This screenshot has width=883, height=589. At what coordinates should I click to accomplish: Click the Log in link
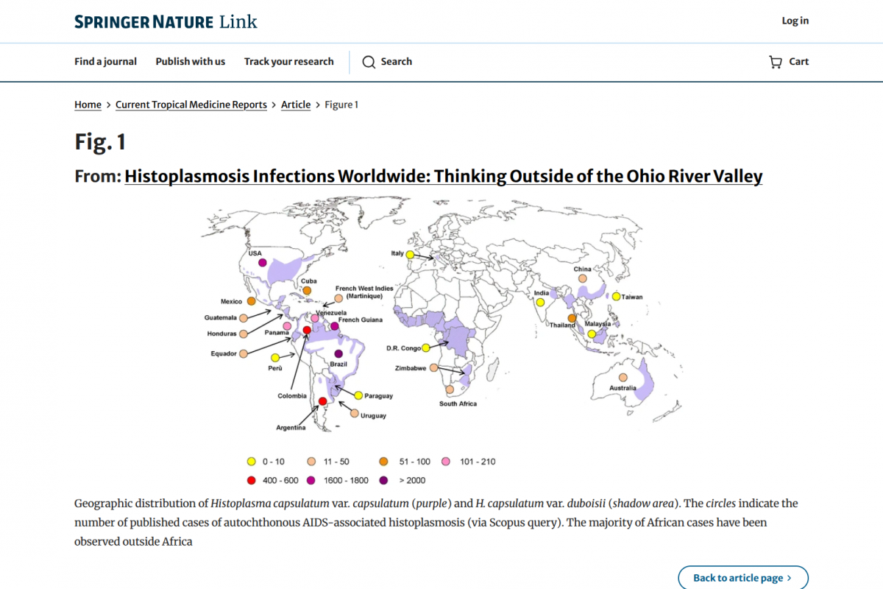point(795,21)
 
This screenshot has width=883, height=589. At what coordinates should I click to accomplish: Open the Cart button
point(789,62)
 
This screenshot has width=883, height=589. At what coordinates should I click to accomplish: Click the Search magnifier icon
point(369,62)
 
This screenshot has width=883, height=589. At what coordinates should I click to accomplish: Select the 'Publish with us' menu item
point(191,62)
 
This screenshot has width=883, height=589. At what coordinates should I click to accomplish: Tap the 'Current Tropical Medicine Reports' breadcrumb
point(191,105)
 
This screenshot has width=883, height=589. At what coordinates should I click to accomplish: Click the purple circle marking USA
point(263,262)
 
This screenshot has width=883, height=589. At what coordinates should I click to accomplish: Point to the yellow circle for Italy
point(410,255)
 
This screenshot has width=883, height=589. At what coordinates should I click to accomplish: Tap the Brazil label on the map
point(338,364)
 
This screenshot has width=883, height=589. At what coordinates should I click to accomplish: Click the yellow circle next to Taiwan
point(617,297)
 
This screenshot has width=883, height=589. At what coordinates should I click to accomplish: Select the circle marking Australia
point(623,378)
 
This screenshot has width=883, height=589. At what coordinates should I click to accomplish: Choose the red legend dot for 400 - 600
point(252,480)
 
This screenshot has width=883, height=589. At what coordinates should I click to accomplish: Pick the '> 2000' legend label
point(411,480)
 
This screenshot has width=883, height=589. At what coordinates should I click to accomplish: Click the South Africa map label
point(458,403)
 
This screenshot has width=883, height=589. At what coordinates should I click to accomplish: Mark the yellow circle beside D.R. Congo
point(426,348)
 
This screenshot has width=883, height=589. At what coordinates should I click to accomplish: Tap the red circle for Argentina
point(322,401)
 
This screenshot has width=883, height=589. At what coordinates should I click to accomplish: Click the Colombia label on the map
point(292,396)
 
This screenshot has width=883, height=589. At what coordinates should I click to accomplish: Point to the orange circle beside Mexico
point(252,301)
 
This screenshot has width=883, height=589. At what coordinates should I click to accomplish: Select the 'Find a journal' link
point(105,62)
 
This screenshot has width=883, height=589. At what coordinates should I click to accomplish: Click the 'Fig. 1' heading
point(101,141)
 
